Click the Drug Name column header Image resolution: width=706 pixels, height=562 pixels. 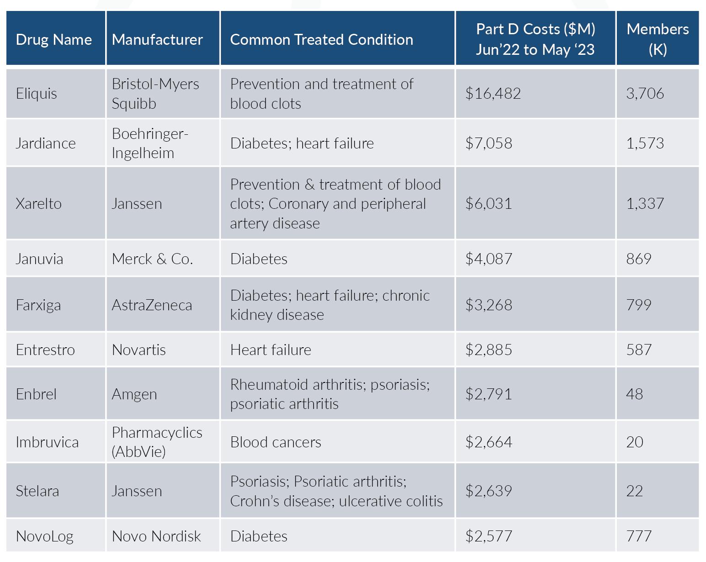[54, 40]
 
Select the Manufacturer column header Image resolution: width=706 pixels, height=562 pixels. [157, 40]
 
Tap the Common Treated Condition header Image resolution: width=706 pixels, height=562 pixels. [321, 40]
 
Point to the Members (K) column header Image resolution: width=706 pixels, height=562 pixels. [657, 39]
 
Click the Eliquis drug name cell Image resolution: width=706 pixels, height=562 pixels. [37, 94]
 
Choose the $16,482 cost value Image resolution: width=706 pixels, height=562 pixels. [493, 94]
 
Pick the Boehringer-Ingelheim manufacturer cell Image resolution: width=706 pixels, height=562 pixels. [150, 143]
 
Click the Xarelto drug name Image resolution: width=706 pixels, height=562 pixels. [39, 203]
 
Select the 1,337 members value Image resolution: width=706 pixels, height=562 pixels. [645, 203]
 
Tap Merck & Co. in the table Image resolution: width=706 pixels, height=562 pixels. [152, 259]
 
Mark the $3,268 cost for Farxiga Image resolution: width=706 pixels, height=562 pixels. [488, 305]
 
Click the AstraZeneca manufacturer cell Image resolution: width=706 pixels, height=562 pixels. [152, 305]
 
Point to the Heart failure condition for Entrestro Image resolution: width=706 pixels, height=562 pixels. [271, 350]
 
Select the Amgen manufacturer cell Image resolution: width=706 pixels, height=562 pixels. [134, 394]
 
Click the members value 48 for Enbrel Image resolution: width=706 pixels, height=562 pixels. [634, 394]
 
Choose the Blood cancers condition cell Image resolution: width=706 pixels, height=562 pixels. [276, 442]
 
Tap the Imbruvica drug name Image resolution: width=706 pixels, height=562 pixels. [47, 442]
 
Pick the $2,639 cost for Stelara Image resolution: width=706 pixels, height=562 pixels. [488, 491]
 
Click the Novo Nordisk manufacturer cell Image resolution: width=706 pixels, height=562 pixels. [156, 536]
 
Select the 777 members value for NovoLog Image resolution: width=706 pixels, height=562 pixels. [639, 536]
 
